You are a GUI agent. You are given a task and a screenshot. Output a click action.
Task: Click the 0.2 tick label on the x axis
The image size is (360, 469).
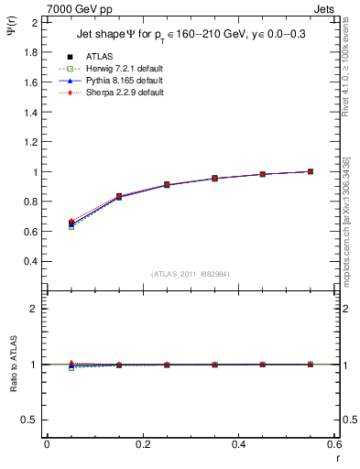coord(142,444)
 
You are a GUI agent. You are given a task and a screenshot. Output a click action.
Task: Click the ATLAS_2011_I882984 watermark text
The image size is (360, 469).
coord(191,274)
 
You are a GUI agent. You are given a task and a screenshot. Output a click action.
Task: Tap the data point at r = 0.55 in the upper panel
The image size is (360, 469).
coord(311,171)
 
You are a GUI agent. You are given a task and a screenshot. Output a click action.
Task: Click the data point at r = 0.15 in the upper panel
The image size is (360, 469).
coord(119,197)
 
